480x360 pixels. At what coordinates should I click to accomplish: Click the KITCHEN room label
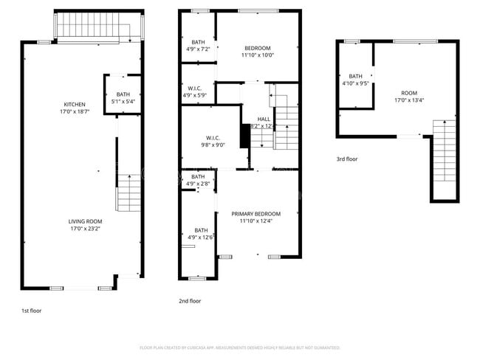click(x=75, y=104)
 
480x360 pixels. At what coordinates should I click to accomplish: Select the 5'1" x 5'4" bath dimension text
click(x=123, y=102)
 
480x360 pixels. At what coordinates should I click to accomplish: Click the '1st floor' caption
click(x=31, y=311)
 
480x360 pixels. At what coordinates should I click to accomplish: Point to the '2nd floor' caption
click(x=190, y=301)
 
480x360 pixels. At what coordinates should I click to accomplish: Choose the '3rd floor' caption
click(x=346, y=159)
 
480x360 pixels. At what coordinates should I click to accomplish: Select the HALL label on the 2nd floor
click(x=264, y=119)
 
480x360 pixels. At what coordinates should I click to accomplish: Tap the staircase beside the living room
click(x=128, y=193)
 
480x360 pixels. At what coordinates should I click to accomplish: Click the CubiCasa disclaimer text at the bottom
click(x=239, y=347)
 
